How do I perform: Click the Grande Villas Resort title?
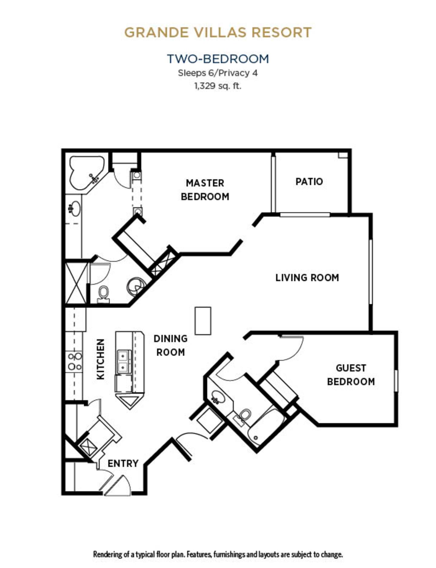pos(218,32)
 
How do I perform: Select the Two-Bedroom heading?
pos(218,59)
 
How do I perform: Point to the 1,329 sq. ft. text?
pos(218,86)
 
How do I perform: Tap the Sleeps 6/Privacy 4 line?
pos(218,73)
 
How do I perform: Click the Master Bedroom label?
pos(205,190)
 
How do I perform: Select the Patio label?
pos(309,182)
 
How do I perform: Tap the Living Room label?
pos(307,278)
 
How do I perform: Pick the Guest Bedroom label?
pos(351,375)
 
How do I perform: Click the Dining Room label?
pos(170,345)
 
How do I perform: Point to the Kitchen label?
pos(101,359)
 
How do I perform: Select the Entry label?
pos(123,463)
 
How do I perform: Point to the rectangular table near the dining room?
pos(203,321)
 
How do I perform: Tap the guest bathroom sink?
pos(217,396)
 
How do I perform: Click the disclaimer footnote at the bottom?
pos(218,554)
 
